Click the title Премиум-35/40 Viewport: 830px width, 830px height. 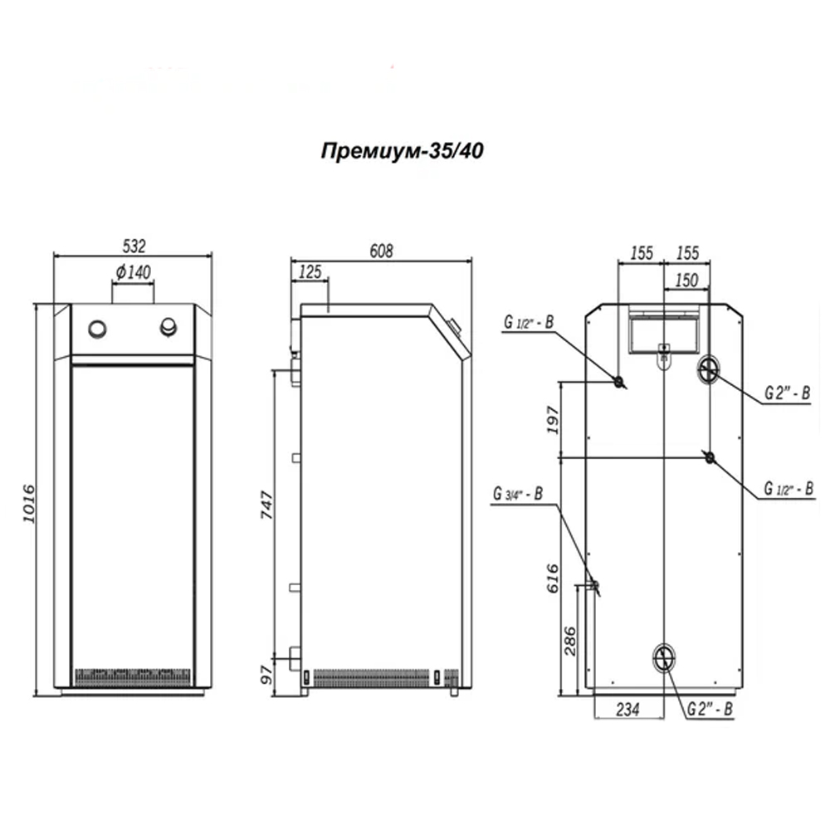(402, 151)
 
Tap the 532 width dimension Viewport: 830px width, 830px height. (134, 247)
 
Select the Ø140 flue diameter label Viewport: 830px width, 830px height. (134, 272)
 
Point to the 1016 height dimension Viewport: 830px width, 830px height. (28, 504)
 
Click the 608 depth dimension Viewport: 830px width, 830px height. (381, 251)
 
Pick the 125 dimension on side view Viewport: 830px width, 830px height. (310, 271)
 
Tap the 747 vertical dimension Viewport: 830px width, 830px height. (266, 505)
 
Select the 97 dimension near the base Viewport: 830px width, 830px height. (266, 674)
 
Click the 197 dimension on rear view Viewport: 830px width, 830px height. (553, 420)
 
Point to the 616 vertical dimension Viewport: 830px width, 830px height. (553, 579)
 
